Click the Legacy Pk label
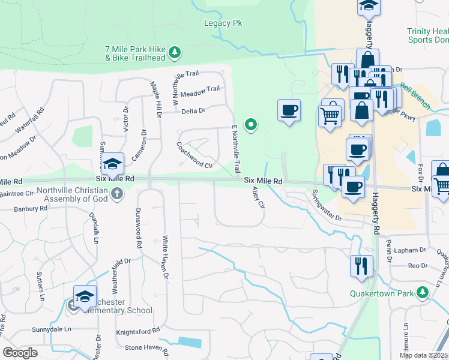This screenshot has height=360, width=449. coord(223,23)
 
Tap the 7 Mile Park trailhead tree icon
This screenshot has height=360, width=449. coord(175,53)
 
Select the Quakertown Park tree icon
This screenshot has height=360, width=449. coord(423,292)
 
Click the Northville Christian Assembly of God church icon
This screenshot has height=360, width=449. coord(117,194)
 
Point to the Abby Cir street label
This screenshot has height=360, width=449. coord(259,196)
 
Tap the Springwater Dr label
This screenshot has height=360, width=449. coord(326,205)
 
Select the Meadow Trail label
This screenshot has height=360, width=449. coord(200,91)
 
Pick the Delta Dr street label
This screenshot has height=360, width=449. coord(193,110)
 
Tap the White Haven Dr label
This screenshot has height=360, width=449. coord(165,257)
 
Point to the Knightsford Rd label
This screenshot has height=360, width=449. coord(137,331)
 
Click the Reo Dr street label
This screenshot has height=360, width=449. coord(417,266)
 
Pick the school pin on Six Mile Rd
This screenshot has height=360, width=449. coord(112,164)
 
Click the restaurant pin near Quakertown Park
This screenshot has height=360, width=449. coord(361,265)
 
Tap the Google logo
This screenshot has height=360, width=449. coord(20,353)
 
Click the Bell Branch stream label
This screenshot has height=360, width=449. coord(415,95)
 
